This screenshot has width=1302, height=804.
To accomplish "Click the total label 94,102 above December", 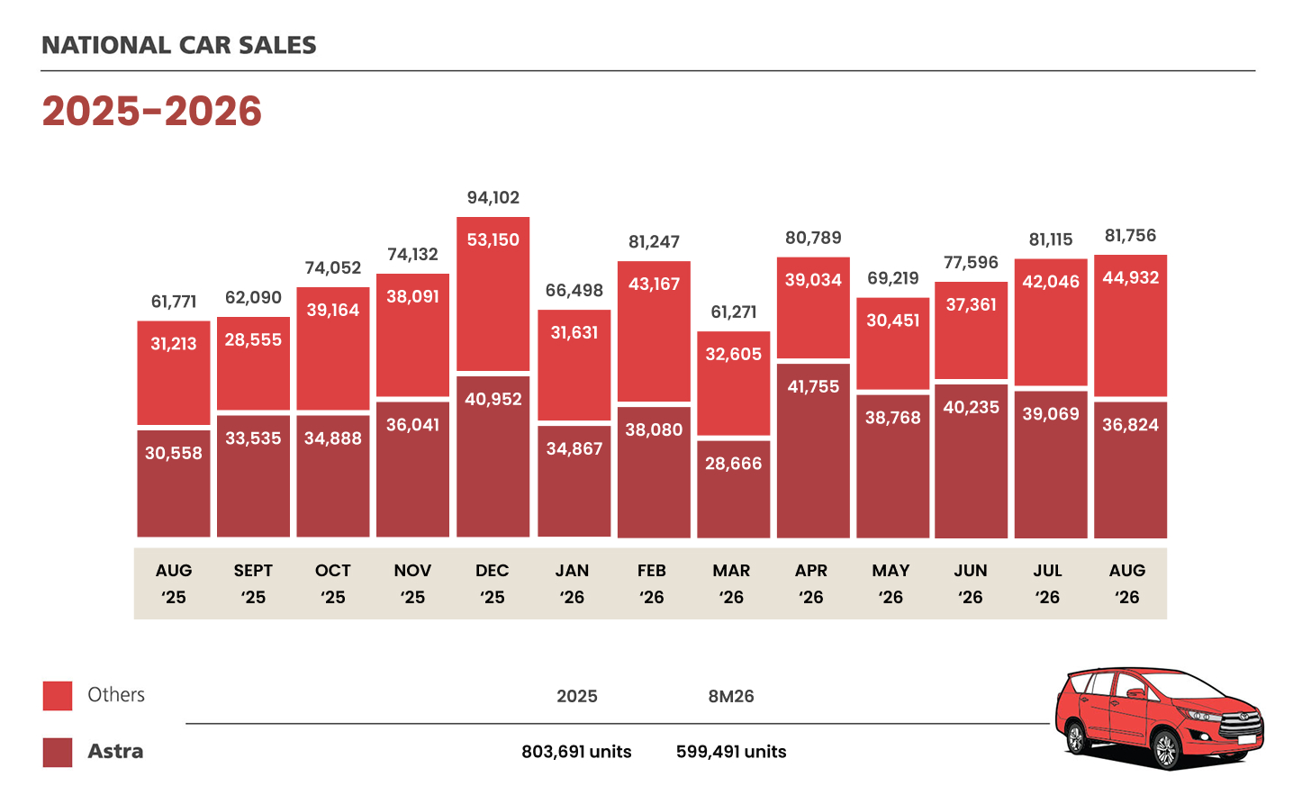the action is click(493, 198).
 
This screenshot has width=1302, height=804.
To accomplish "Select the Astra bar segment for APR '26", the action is click(813, 450).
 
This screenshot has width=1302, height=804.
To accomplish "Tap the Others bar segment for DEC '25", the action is click(493, 294).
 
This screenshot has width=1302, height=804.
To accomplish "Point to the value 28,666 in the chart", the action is click(733, 464).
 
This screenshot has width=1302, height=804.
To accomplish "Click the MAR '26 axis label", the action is click(731, 583).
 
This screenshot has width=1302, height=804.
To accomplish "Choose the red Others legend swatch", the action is click(58, 695).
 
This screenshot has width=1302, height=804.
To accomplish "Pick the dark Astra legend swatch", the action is click(58, 753).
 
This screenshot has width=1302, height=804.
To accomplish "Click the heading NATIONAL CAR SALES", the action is click(179, 45).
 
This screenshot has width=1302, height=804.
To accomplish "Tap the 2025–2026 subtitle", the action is click(151, 111).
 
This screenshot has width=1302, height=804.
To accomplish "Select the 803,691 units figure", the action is click(576, 752).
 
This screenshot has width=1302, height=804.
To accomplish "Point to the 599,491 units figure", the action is click(731, 752).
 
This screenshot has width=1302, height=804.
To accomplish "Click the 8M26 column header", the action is click(730, 696).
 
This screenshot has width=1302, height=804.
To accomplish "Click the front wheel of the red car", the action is click(1165, 749).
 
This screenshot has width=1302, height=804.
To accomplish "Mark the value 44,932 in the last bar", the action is click(1131, 278).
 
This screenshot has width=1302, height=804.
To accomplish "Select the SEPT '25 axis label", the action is click(253, 583).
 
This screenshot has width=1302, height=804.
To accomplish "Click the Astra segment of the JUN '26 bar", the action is click(972, 461).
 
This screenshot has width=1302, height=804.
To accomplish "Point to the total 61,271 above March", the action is click(734, 312).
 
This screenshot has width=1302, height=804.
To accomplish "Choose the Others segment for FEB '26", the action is click(654, 330).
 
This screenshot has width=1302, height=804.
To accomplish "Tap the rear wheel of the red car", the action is click(1076, 737).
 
